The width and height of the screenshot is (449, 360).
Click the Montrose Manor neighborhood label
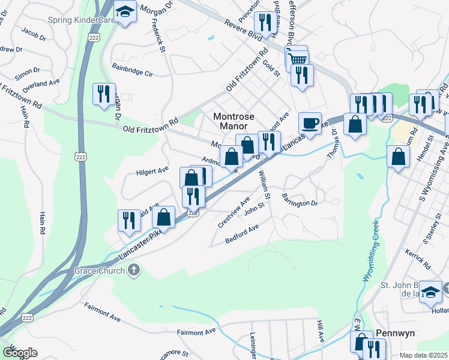[x=235, y=121]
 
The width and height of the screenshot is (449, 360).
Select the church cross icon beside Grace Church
[x=134, y=271]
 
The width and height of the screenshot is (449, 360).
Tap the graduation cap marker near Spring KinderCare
[x=125, y=13]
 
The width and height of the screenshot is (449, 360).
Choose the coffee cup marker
[x=310, y=123]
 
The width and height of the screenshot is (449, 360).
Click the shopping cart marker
[x=296, y=58]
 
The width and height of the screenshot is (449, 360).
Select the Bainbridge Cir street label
[x=133, y=72]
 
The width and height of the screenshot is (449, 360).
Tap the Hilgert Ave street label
[x=152, y=171]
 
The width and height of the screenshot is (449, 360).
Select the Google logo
[x=20, y=353]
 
